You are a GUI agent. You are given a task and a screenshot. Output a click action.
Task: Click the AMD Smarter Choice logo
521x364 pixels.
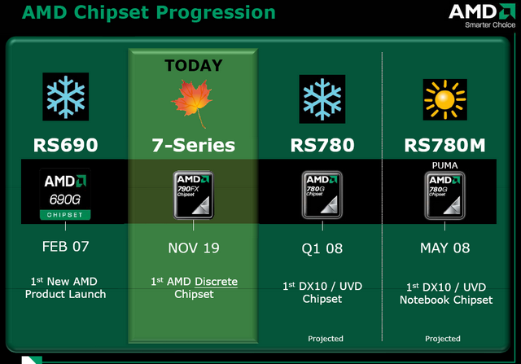point(482,15)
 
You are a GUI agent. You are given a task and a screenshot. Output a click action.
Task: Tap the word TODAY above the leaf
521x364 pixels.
point(194,65)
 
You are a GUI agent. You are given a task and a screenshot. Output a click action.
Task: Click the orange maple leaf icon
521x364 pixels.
point(192,103)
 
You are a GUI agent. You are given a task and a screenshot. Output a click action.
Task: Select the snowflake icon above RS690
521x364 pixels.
point(65,97)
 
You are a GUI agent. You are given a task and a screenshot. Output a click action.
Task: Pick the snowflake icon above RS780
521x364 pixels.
point(322,99)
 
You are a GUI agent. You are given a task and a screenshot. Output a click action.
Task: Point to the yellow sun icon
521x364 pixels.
point(445,99)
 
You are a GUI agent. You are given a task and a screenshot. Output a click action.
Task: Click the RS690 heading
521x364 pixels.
point(65,145)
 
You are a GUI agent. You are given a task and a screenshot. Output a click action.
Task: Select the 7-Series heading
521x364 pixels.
point(194,145)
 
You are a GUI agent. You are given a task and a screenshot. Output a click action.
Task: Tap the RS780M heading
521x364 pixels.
point(445,145)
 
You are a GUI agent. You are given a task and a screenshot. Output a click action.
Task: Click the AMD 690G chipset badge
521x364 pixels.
point(65,194)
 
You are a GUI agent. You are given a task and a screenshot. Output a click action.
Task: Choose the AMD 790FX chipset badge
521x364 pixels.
point(194,195)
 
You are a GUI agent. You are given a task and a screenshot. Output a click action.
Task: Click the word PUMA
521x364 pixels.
point(445,165)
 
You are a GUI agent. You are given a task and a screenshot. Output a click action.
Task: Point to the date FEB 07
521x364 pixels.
point(65,247)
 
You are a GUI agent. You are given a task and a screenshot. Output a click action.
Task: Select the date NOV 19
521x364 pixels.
point(194,248)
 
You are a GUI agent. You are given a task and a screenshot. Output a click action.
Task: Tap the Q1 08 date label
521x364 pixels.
point(322,248)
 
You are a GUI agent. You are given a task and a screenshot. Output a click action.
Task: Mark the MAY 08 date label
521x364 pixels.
point(445,248)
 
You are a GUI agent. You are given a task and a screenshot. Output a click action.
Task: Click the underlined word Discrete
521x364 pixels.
point(216,282)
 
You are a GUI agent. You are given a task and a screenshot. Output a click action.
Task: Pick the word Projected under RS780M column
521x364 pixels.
point(443,339)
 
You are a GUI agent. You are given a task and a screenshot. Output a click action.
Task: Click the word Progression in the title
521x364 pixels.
point(216,13)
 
